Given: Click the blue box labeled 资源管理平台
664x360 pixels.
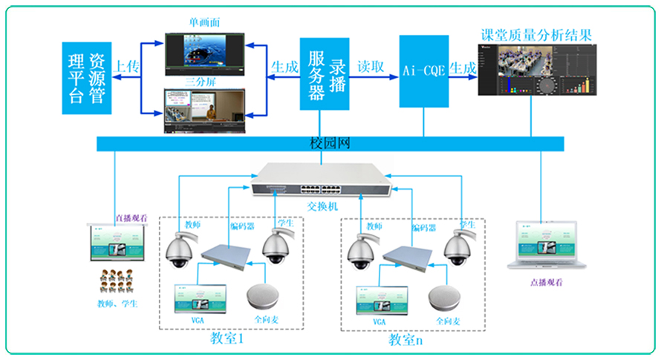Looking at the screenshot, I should pyautogui.click(x=88, y=77).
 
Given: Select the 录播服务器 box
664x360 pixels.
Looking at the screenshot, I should pyautogui.click(x=325, y=74).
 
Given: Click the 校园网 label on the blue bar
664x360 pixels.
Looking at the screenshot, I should pyautogui.click(x=329, y=143).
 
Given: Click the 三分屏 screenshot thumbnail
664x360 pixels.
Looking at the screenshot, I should pyautogui.click(x=204, y=111).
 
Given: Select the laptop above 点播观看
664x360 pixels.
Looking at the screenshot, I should pyautogui.click(x=547, y=246).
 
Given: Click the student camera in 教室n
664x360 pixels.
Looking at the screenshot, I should pyautogui.click(x=458, y=248).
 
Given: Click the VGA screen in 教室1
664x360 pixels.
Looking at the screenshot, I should pyautogui.click(x=197, y=298).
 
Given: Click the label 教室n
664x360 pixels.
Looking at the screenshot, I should pyautogui.click(x=406, y=340).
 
